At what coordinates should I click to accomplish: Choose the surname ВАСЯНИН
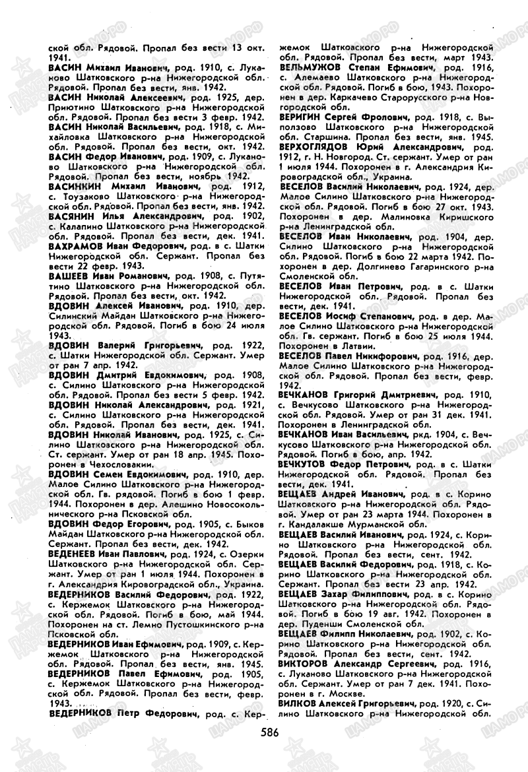(72, 216)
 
